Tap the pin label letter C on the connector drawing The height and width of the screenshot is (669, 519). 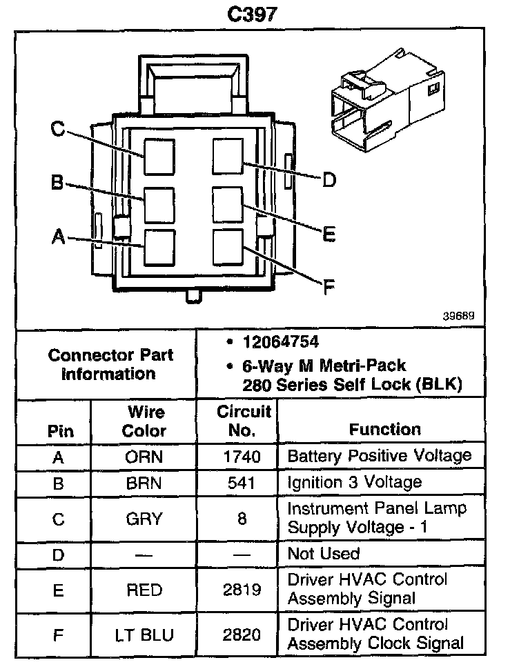[x=58, y=129]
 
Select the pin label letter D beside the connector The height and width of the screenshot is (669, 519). [x=329, y=180]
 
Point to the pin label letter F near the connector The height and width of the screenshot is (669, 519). [x=329, y=285]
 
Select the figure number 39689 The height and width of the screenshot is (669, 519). [x=459, y=317]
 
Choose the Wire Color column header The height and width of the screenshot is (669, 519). [x=144, y=421]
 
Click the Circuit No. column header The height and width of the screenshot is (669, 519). [x=243, y=421]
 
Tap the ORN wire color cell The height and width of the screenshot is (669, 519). [x=144, y=457]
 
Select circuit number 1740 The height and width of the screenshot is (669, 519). [x=242, y=457]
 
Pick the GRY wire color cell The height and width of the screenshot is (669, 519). [x=144, y=518]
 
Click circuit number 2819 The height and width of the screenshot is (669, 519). [x=242, y=589]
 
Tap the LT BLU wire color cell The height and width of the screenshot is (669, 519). [x=144, y=634]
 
